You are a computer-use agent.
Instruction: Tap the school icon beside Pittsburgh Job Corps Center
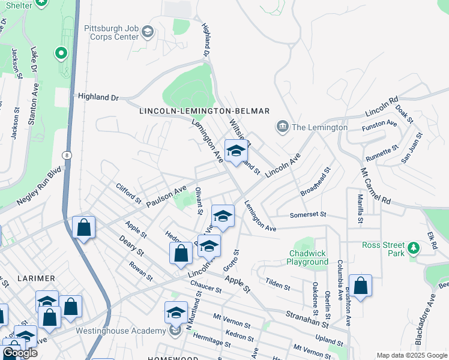point(148,31)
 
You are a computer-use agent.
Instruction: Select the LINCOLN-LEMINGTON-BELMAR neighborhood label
point(204,112)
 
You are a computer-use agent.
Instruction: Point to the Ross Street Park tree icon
point(413,248)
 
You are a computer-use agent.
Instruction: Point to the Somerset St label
point(307,214)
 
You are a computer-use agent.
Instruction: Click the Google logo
point(19,353)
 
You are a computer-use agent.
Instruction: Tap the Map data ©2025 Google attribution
point(411,355)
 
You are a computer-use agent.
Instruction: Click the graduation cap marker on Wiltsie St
point(236,151)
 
